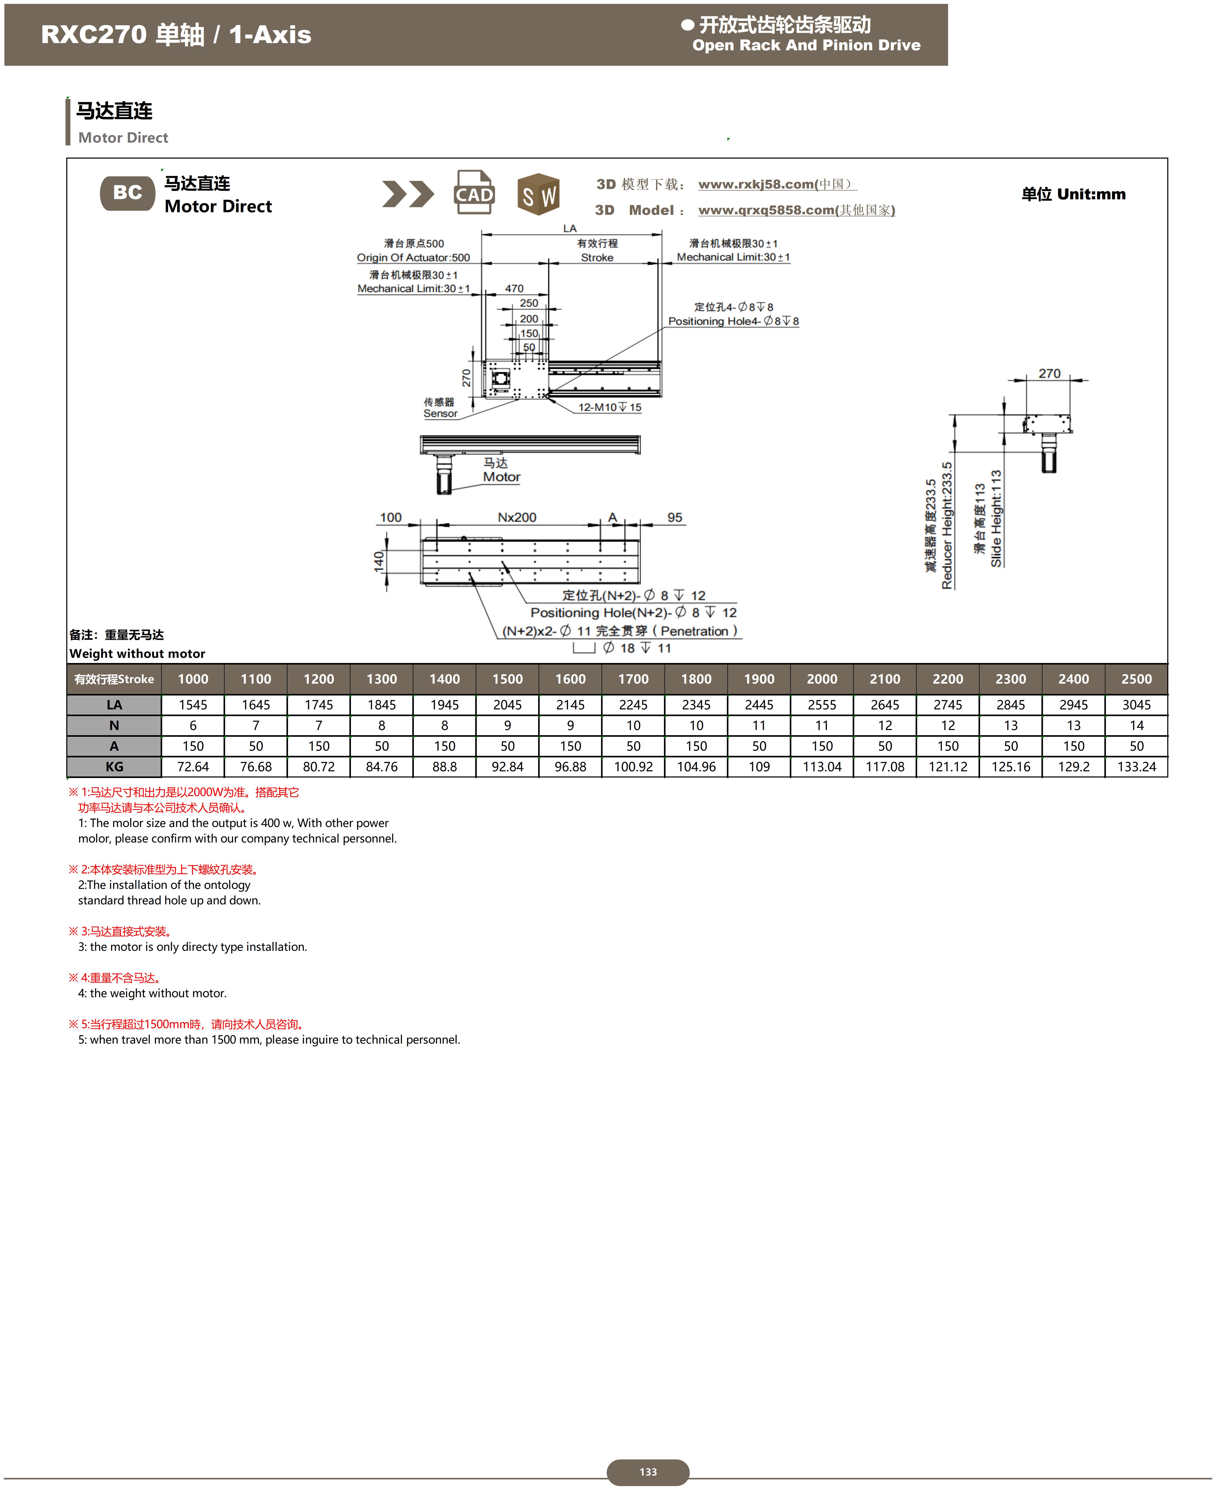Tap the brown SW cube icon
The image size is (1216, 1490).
coord(538,194)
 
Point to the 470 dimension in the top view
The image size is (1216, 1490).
coord(514,289)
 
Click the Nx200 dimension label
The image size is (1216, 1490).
coord(517,518)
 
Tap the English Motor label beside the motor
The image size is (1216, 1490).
coord(502,477)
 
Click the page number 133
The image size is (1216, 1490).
coord(648,1472)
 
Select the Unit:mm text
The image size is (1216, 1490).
coord(1091,195)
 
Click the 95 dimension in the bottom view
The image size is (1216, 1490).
coord(675,518)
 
